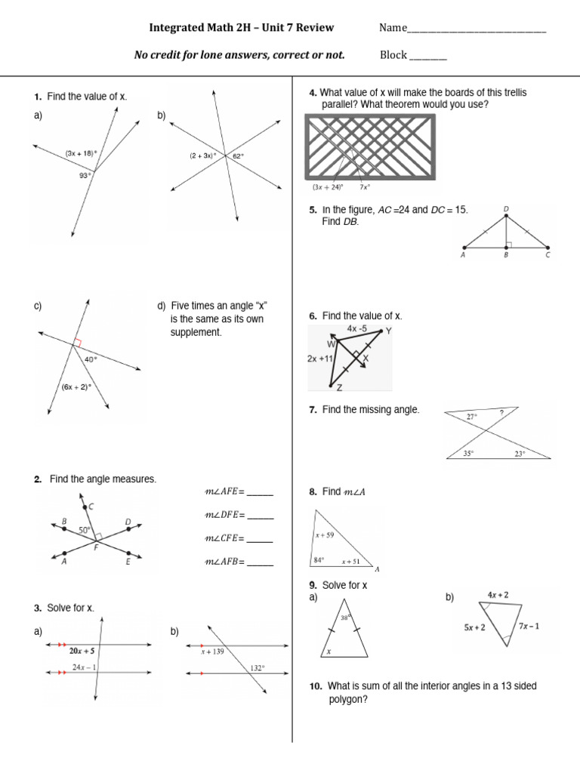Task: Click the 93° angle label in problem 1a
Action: click(84, 174)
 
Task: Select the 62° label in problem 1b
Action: click(238, 156)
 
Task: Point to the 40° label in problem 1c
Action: click(91, 360)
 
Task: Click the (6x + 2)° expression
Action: click(76, 387)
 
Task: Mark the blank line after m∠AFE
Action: click(260, 492)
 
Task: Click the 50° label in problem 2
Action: click(84, 531)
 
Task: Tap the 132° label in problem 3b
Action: click(258, 667)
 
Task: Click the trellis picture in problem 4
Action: click(370, 146)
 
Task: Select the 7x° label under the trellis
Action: click(365, 186)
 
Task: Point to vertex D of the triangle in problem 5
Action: click(506, 209)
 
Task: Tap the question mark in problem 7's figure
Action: click(501, 412)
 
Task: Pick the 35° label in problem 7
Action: click(468, 454)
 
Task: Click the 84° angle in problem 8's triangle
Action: click(319, 560)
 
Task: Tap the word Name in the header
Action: click(392, 29)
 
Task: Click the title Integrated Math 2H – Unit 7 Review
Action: click(241, 29)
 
